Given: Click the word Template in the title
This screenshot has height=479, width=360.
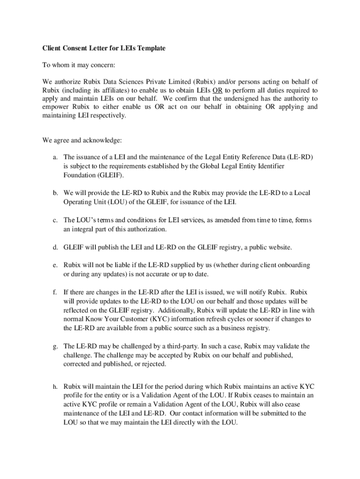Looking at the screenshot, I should [151, 48].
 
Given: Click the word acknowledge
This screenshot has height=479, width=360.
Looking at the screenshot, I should [101, 140].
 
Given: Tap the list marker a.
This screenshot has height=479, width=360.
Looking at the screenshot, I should [55, 157].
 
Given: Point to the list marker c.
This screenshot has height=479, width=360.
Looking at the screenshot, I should [55, 220].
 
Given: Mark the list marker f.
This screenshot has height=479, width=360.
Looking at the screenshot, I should [55, 292].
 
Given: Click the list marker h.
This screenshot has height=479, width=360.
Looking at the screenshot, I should [55, 387].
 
